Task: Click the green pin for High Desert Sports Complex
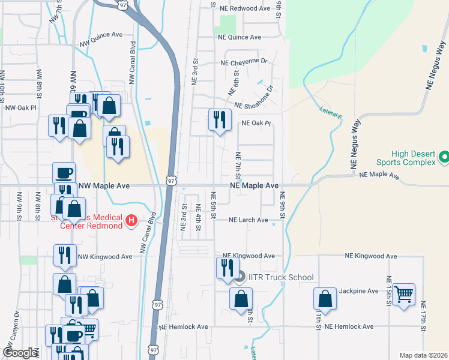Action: (x=444, y=157)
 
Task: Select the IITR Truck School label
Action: (x=280, y=277)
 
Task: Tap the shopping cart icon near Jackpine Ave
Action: (x=404, y=294)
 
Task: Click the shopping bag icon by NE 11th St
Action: (x=325, y=298)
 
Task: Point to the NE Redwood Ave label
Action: (x=245, y=8)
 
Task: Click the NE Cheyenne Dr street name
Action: (x=244, y=62)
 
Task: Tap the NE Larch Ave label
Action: (x=249, y=220)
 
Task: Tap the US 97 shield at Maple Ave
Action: (x=172, y=180)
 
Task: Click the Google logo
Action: (x=20, y=353)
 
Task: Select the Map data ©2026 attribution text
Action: (x=423, y=355)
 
